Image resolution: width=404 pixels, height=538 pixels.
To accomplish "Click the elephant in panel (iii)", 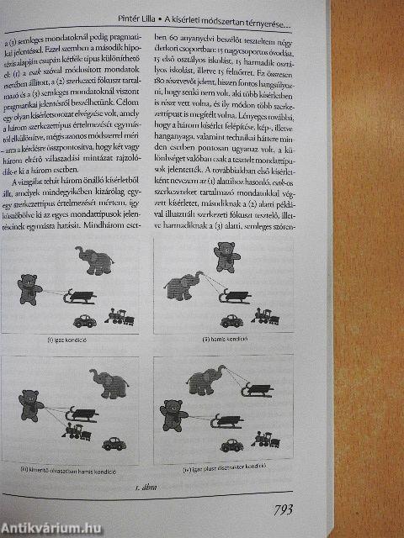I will pos(109,385).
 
